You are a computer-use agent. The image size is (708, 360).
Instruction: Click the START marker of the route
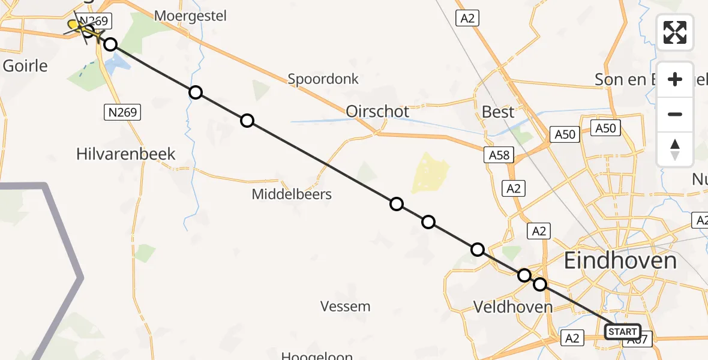(622, 332)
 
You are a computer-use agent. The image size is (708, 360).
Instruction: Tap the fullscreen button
(675, 32)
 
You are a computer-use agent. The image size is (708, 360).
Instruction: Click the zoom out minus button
(675, 114)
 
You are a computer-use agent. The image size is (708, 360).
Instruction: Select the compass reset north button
(675, 149)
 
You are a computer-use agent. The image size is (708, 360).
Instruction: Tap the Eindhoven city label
(620, 261)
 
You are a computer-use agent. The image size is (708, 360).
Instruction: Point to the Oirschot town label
(377, 111)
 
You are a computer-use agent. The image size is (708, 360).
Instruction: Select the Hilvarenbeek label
(126, 154)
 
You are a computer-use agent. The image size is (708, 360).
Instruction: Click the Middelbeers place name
(292, 194)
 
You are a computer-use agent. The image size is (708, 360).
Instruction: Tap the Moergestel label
(190, 16)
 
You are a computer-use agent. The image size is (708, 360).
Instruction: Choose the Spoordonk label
(323, 79)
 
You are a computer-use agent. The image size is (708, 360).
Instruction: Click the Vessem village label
(345, 307)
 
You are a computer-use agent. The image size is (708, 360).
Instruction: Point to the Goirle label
(25, 65)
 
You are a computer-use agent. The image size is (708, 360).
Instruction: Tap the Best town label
(498, 112)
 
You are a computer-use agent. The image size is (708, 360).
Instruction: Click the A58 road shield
(499, 155)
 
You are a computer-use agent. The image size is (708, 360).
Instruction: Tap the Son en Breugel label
(624, 79)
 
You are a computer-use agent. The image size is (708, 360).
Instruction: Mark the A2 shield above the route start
(538, 230)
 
